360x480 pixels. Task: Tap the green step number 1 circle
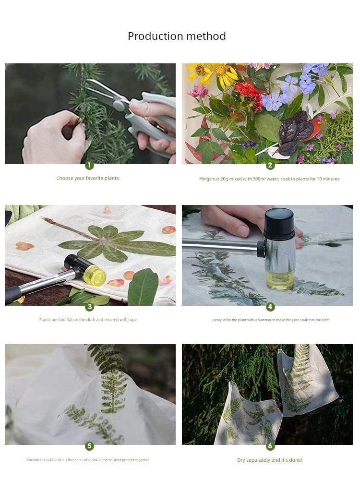coord(89,165)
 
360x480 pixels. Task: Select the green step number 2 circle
coord(270,165)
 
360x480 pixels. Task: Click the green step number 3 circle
coord(89,307)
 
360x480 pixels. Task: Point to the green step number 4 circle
coord(270,307)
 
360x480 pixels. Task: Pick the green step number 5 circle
coord(89,446)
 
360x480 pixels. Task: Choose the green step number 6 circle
coord(270,446)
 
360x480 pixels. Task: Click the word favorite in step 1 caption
coord(95,178)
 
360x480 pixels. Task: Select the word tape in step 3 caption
coord(132,320)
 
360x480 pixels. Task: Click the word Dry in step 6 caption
coord(241,460)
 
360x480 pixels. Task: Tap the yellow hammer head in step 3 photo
coord(95,275)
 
